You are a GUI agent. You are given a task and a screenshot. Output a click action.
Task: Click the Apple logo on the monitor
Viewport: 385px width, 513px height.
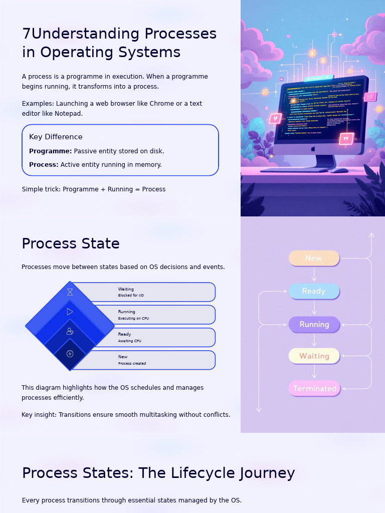point(313,149)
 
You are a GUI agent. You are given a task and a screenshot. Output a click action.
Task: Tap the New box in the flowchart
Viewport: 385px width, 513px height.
point(314,258)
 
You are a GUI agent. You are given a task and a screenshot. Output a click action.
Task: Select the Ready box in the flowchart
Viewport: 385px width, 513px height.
point(314,291)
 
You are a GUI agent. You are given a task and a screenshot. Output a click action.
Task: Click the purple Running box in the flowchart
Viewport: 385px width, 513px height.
point(314,324)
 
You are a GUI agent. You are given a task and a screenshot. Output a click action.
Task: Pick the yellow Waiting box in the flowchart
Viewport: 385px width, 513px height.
point(314,356)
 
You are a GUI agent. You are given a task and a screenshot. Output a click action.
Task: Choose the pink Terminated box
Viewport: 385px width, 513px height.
point(314,388)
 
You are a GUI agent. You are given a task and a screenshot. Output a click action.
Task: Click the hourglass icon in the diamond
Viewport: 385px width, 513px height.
point(70,292)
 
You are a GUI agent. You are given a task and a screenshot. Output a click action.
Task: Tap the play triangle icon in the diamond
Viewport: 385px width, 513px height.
point(70,312)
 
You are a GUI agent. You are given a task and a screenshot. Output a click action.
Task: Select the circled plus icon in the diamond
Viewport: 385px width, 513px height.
point(70,354)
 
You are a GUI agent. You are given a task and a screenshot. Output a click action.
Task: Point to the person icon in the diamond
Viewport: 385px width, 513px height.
point(70,331)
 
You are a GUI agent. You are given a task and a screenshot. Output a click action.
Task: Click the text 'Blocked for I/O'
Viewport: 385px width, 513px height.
point(131,296)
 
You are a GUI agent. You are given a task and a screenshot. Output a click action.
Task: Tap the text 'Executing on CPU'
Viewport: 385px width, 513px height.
point(133,319)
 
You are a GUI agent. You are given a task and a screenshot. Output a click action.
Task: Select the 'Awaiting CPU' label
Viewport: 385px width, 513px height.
point(129,341)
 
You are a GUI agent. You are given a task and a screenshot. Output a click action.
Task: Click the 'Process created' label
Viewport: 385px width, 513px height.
point(132,364)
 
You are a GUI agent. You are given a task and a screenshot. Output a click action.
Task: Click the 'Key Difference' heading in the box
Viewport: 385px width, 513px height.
point(56,137)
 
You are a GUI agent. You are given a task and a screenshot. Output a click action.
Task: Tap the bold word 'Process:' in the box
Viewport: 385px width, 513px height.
point(44,165)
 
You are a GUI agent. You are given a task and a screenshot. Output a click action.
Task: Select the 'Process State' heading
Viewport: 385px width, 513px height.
point(71,243)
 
